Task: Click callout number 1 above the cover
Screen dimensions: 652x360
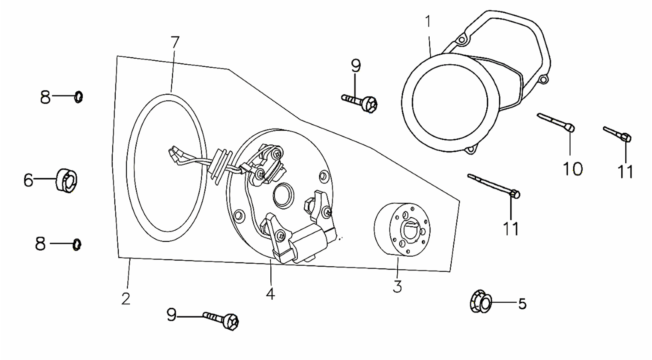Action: pos(428,22)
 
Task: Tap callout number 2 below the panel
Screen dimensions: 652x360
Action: pos(126,299)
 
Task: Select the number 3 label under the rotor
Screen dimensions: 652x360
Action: pos(397,287)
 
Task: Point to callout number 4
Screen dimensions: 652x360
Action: pos(270,294)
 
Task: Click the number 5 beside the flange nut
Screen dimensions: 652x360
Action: pos(523,304)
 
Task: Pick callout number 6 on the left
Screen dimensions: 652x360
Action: pos(28,180)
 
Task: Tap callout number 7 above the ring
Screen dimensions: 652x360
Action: pos(174,42)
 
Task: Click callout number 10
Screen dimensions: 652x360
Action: pos(573,169)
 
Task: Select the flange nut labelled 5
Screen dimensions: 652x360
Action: pos(480,301)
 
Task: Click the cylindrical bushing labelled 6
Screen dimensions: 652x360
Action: pos(66,180)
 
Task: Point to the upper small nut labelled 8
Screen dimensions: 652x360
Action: pos(78,97)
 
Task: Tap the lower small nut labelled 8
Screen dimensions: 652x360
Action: pos(77,245)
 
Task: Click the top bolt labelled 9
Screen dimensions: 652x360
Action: pos(360,102)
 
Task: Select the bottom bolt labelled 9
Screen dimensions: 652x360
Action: pos(221,320)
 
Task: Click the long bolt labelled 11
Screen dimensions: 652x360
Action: pos(493,186)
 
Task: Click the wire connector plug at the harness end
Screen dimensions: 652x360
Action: pos(176,154)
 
